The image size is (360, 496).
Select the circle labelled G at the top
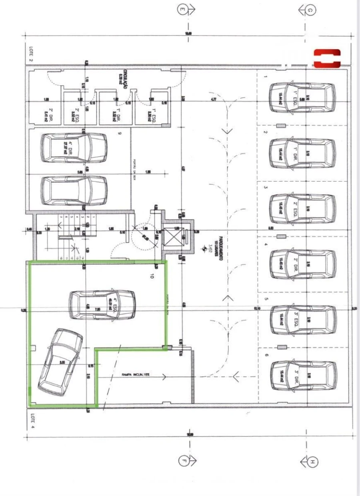click(310, 10)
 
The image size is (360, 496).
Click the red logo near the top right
click(327, 58)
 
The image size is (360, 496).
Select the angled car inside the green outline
click(60, 362)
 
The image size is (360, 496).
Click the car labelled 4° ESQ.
click(102, 305)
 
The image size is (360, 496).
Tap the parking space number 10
click(152, 275)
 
